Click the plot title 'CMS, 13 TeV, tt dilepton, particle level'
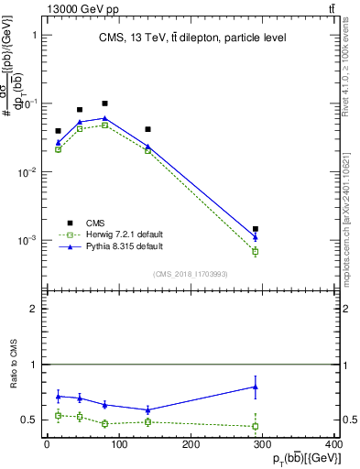click(x=192, y=38)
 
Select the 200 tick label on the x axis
click(x=191, y=444)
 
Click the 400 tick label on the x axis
click(x=333, y=444)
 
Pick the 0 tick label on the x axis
click(x=47, y=444)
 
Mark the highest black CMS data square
click(x=104, y=104)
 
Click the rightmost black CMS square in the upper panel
click(x=256, y=229)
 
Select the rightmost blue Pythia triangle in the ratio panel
click(x=256, y=387)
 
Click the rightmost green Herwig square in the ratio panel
click(x=256, y=426)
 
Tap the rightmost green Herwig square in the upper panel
click(x=256, y=251)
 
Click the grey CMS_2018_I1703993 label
click(x=191, y=274)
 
